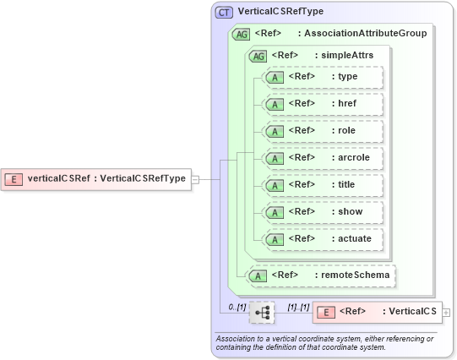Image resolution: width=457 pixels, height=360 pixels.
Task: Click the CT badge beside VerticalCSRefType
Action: click(x=225, y=12)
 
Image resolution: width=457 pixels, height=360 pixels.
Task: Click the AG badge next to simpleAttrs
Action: click(x=256, y=55)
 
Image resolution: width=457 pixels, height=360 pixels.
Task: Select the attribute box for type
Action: click(x=323, y=78)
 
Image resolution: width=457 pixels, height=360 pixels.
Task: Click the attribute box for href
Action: click(x=323, y=104)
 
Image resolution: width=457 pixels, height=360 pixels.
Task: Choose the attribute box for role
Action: click(x=323, y=131)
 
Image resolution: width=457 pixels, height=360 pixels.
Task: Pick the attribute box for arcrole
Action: click(x=323, y=158)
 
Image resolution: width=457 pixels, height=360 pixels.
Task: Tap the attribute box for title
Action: click(x=323, y=185)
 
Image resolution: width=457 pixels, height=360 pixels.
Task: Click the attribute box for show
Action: click(x=323, y=212)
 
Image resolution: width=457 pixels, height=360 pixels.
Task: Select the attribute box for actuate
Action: click(x=323, y=239)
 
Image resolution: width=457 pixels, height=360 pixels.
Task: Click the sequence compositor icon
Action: click(x=264, y=312)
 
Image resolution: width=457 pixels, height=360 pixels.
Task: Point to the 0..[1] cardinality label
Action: click(x=237, y=307)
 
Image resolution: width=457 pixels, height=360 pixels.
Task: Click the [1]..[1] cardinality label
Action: click(x=299, y=307)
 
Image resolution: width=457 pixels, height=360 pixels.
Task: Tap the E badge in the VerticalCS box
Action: click(x=326, y=312)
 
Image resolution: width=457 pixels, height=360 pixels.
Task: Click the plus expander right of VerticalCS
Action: click(x=446, y=312)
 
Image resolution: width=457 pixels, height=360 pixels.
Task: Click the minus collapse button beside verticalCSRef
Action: click(x=195, y=178)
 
